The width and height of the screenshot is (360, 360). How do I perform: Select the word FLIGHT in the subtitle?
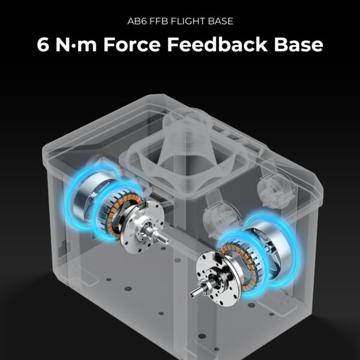click(x=188, y=22)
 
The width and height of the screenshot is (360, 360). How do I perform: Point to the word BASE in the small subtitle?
click(x=221, y=22)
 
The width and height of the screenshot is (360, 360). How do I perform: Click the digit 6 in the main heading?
click(x=43, y=44)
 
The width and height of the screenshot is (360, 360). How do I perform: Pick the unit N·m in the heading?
click(x=76, y=44)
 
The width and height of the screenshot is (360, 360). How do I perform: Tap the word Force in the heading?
click(x=132, y=44)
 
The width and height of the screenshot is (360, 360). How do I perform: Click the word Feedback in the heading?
click(x=217, y=44)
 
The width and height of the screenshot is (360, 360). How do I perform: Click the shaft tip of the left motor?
click(x=167, y=242)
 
